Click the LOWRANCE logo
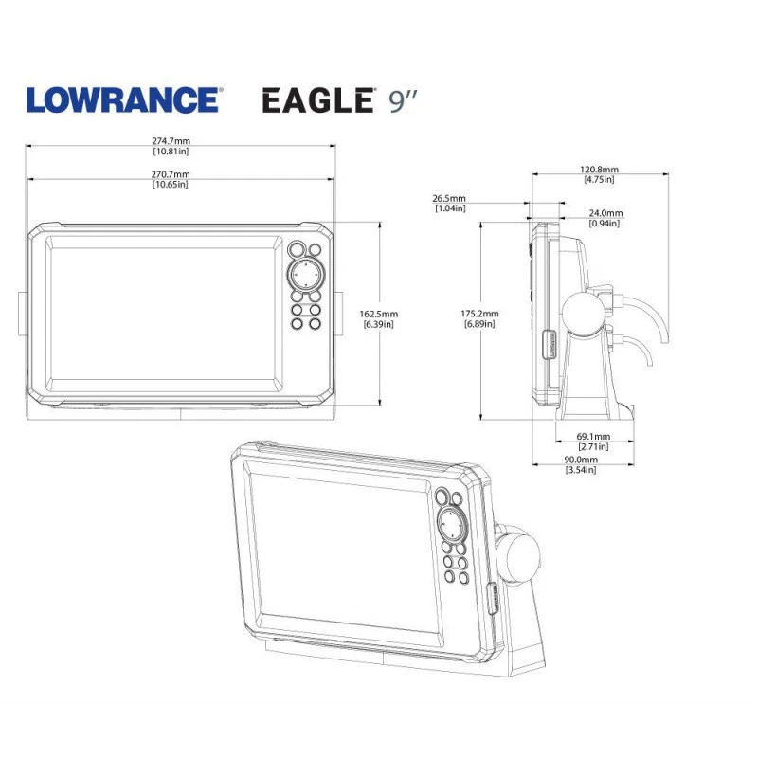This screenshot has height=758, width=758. [123, 99]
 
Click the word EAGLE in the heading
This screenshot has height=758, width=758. [316, 99]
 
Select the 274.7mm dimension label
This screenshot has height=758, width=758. [171, 141]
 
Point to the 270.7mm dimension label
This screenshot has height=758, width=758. [171, 174]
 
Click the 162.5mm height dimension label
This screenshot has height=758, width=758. [379, 314]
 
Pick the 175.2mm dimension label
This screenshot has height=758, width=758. [479, 314]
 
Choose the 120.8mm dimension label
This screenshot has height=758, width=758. [599, 170]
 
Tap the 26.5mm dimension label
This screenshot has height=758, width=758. [449, 199]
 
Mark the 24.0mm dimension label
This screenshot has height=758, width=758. [605, 213]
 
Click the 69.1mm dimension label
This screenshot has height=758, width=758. [593, 437]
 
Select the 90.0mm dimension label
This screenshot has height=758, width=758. [580, 460]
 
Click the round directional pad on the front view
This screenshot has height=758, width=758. [305, 275]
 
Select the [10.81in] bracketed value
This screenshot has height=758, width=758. [171, 152]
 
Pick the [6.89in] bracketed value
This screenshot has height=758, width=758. [479, 324]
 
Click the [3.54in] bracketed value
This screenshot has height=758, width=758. [580, 470]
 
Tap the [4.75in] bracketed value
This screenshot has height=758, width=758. [599, 180]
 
